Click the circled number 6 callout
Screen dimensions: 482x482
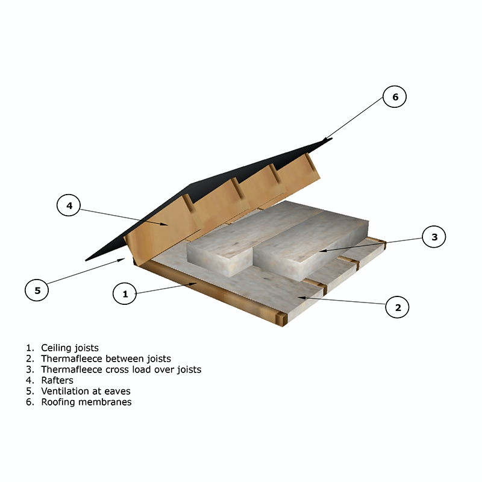coord(395,96)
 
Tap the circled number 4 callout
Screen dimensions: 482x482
coord(69,205)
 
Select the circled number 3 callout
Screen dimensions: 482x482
coord(434,237)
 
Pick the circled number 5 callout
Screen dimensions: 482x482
coord(37,290)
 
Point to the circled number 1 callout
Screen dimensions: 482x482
coord(125,293)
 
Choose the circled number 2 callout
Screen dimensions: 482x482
coord(397,307)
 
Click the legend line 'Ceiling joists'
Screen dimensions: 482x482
coord(63,348)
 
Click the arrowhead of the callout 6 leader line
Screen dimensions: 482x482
coord(326,139)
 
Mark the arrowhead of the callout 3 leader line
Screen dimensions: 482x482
coord(323,251)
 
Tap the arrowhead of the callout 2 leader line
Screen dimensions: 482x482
coord(302,298)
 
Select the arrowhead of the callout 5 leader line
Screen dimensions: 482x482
coord(122,260)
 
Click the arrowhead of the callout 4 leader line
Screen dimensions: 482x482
coord(164,224)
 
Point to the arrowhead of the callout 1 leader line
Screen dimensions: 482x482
coord(193,284)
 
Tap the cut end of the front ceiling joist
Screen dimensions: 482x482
coord(281,319)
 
